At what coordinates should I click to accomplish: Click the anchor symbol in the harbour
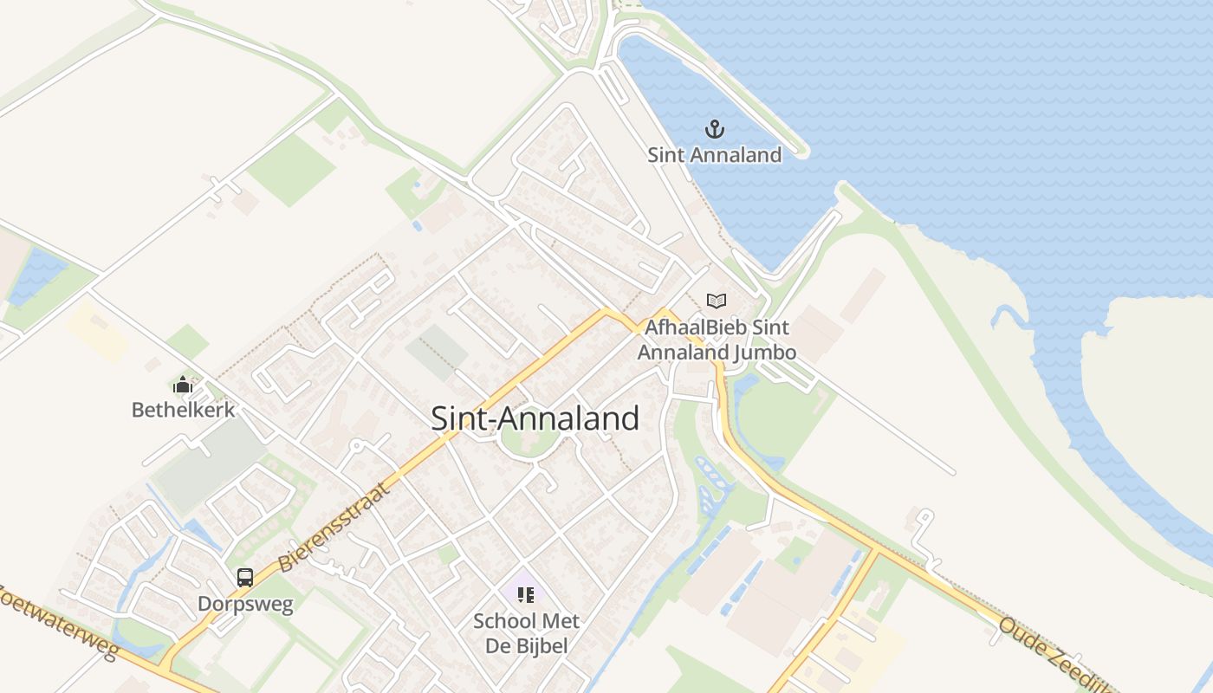(715, 130)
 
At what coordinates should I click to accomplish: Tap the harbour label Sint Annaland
(715, 155)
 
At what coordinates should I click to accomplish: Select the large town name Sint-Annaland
(535, 418)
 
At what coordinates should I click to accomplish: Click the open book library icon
(717, 301)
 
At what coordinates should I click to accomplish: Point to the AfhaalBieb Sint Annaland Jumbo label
(717, 340)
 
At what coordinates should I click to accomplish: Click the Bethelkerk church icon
(183, 385)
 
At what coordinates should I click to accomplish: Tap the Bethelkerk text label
(183, 409)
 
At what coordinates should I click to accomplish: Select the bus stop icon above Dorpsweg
(245, 577)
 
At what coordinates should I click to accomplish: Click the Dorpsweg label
(245, 603)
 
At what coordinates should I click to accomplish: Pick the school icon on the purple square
(525, 594)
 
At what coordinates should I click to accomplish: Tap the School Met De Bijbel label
(526, 633)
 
